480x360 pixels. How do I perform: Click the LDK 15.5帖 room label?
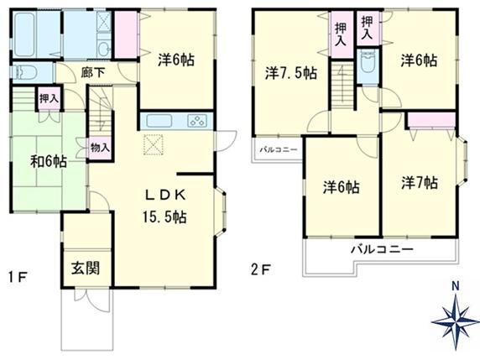pos(164,206)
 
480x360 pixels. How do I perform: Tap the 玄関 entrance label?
pos(86,269)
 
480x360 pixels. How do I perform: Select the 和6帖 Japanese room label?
pos(49,161)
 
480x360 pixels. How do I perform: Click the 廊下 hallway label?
pos(93,72)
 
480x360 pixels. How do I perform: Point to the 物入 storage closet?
pos(100,149)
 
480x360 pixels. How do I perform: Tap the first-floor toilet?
pos(25,72)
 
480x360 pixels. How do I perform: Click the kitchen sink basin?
pos(159,121)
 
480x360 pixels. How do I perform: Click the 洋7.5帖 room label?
pos(290,74)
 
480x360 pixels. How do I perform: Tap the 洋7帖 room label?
pos(420,183)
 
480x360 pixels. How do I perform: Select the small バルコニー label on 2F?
pos(279,149)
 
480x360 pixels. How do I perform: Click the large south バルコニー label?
pos(382,249)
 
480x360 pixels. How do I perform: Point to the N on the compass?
pos(456,286)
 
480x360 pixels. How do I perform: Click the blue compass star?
pos(456,321)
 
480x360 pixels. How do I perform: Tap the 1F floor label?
pos(18,277)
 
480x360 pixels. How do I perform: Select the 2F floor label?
pos(260,269)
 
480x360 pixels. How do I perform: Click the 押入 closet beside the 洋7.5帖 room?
pos(341,34)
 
